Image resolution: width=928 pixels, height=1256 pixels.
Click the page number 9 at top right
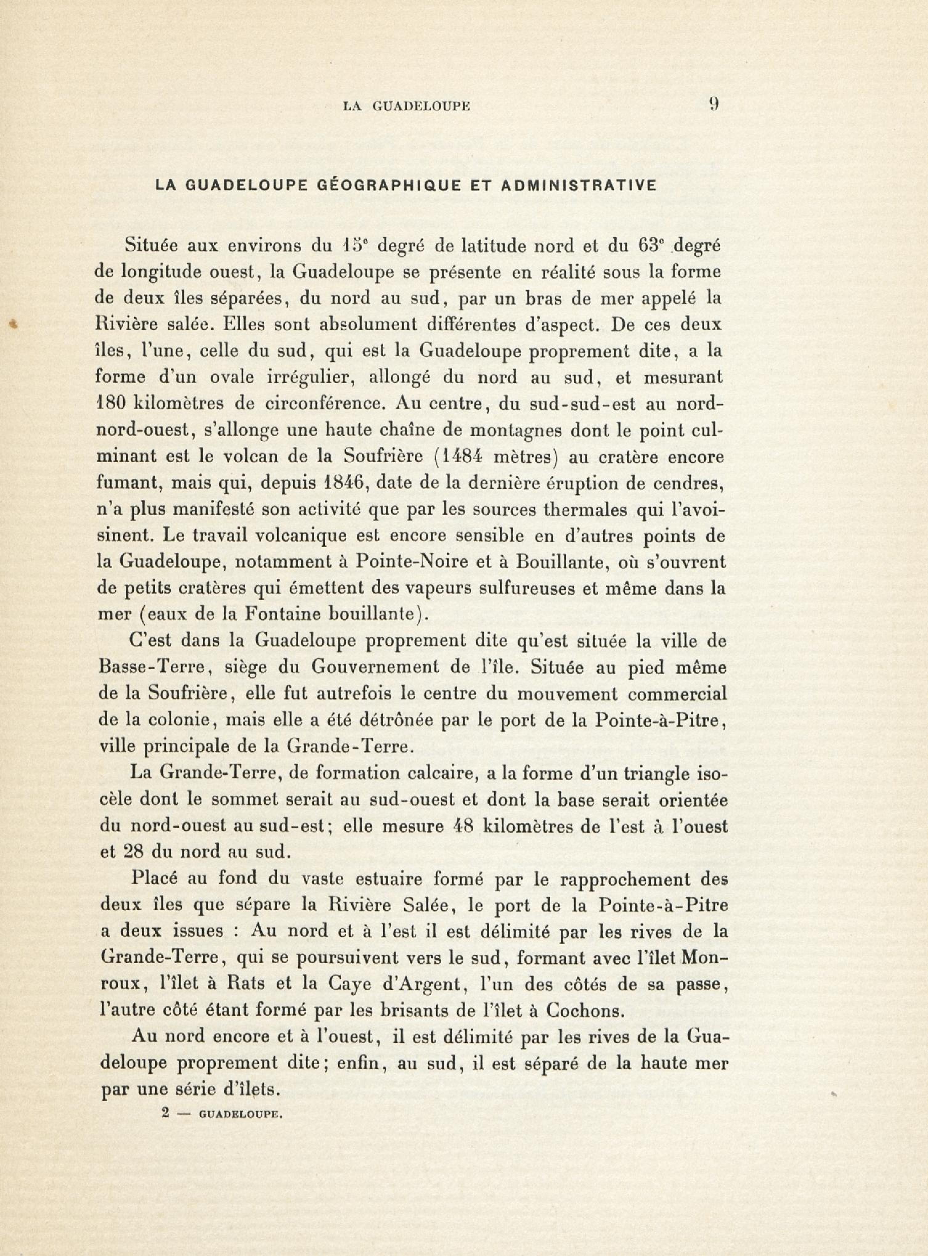[714, 104]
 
